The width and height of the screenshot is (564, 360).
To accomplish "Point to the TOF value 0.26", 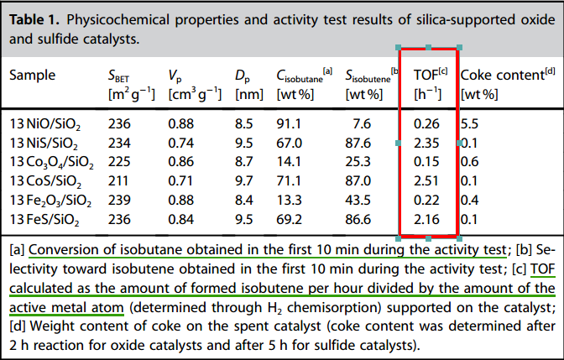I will click(427, 124).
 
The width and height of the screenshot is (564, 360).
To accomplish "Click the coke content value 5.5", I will click(468, 124).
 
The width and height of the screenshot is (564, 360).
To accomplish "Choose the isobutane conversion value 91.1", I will click(290, 124).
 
